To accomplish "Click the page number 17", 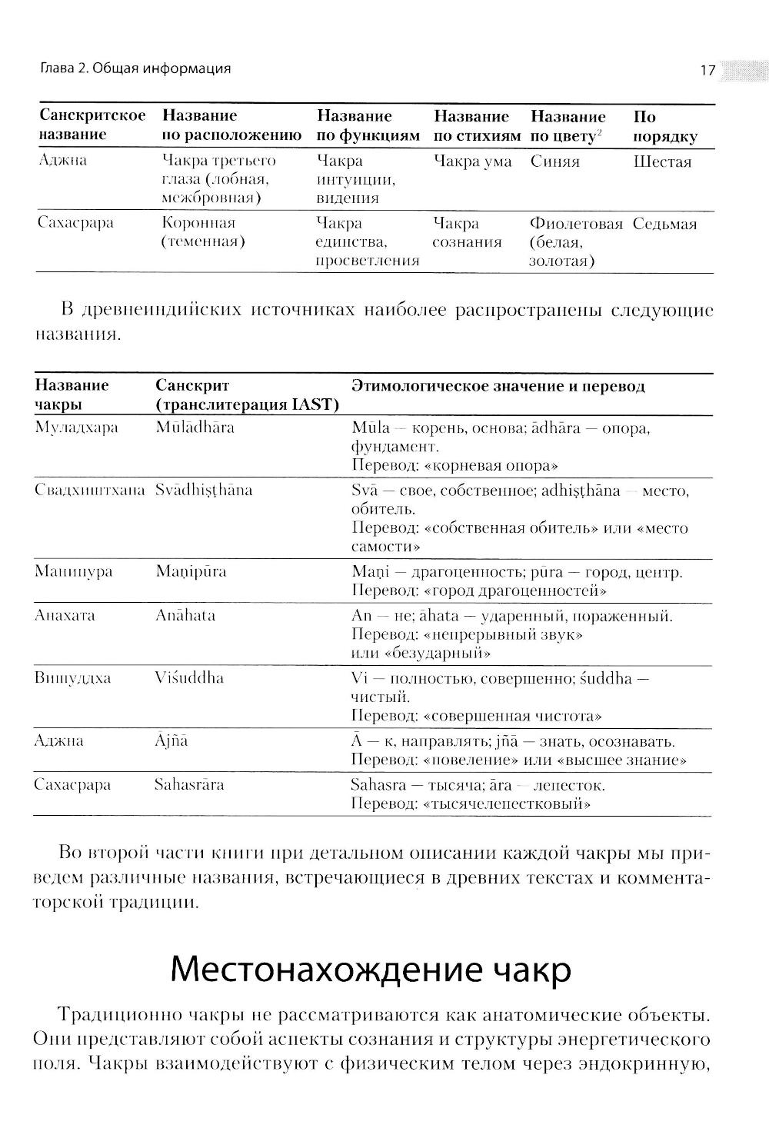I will (707, 71).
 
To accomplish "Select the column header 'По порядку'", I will (664, 127).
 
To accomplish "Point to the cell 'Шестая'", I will (662, 161).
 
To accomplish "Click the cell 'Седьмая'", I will (664, 224).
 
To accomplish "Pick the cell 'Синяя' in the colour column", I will (555, 161).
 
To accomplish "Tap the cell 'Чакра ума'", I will (472, 161).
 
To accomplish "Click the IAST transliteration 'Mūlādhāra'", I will (195, 428).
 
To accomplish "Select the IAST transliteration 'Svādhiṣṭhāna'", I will (204, 491).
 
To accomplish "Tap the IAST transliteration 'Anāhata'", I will (185, 615).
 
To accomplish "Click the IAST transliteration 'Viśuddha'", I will (189, 678).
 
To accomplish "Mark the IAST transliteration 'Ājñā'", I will (171, 741).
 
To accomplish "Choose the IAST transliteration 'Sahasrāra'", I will (189, 785).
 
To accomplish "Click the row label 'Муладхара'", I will (76, 428).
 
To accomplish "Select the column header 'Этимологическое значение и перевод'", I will (498, 386).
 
